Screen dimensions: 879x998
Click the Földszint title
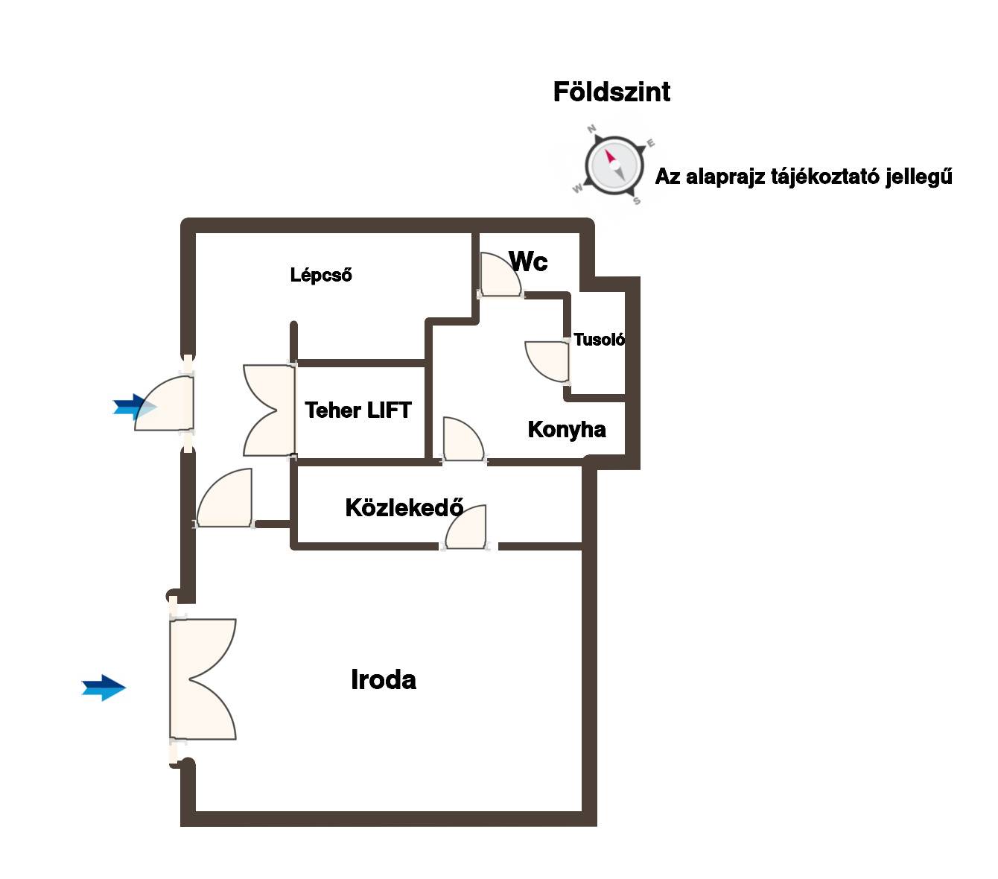point(611,92)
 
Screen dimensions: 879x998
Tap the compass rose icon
point(614,165)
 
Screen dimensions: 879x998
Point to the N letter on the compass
point(592,129)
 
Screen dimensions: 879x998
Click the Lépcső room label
point(321,275)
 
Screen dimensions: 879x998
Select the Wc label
point(528,261)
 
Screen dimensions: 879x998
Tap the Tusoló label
point(599,340)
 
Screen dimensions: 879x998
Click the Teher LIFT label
point(357,410)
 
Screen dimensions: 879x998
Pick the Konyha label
point(566,429)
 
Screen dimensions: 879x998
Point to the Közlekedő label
point(404,508)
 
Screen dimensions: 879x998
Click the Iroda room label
point(383,679)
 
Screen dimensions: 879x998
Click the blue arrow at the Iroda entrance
point(104,688)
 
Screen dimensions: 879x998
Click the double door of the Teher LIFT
point(268,410)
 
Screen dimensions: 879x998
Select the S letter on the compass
point(637,200)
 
